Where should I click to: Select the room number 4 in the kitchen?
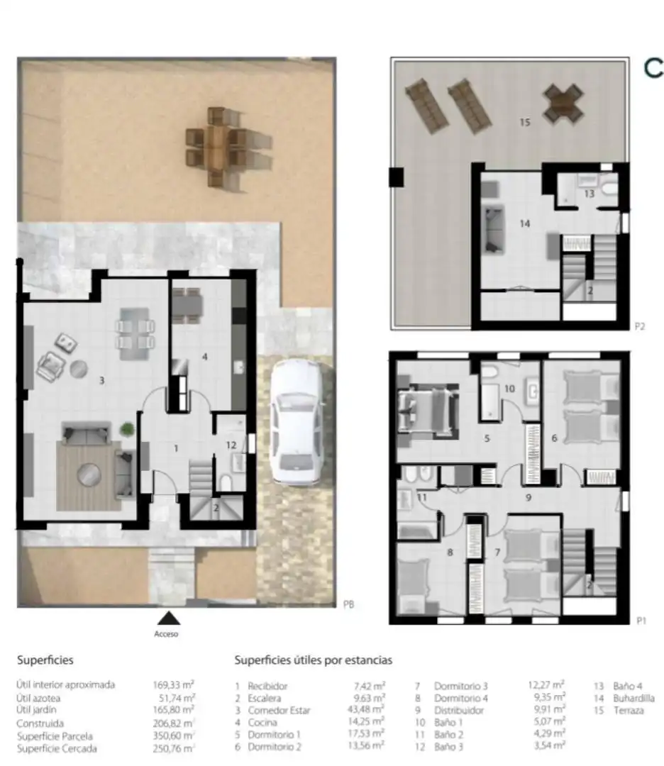coord(205,357)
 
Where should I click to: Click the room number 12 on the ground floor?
coord(231,445)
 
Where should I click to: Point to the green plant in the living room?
coord(127,429)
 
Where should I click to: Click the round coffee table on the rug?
coord(89,474)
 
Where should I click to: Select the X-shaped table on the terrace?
coord(563,103)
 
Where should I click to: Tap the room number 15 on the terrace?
coord(525,122)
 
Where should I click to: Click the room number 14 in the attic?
coord(525,223)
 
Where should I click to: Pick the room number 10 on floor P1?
coord(509,389)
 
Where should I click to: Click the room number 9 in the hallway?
coord(529,498)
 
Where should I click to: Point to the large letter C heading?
coord(654,68)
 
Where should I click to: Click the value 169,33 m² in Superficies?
coord(174,685)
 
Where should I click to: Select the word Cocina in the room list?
coord(262,723)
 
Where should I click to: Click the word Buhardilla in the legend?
coord(633,698)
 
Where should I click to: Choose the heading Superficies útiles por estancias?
coord(313,660)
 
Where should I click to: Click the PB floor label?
coord(348,605)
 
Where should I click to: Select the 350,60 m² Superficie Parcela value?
coord(174,736)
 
